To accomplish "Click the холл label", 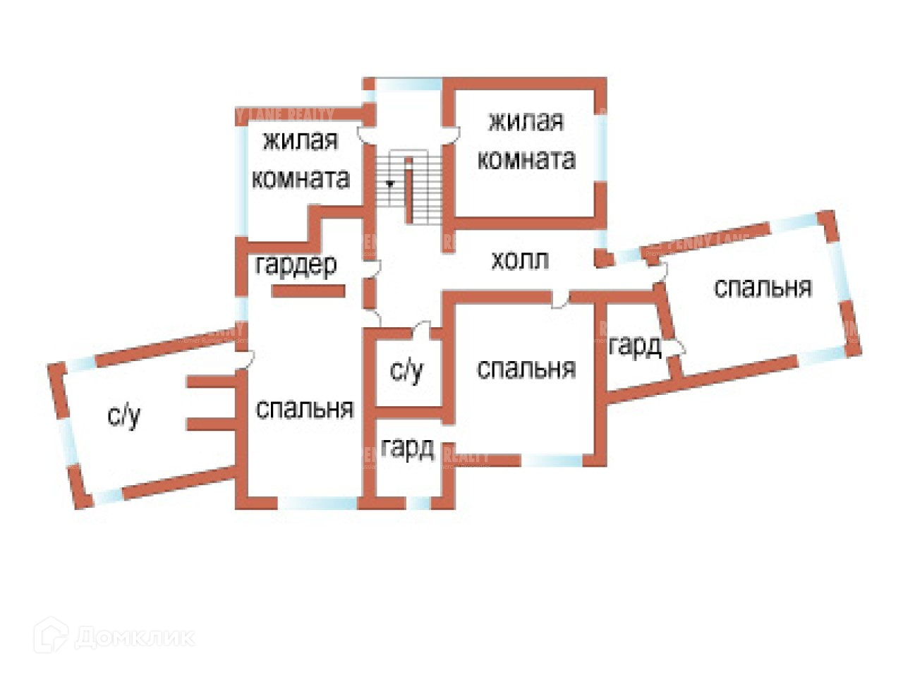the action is (x=520, y=261).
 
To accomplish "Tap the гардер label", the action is (x=296, y=265).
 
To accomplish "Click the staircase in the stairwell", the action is (x=408, y=188).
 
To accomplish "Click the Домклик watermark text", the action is (x=134, y=638).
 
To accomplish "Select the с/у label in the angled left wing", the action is (x=124, y=416).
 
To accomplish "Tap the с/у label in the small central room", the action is (x=406, y=370).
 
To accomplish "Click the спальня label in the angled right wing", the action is (x=763, y=288).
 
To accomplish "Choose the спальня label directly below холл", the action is (x=526, y=369).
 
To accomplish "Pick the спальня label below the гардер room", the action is (x=304, y=409).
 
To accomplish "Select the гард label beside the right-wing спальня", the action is (x=634, y=346).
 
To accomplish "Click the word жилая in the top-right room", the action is (x=526, y=122).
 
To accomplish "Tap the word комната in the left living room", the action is (x=301, y=178).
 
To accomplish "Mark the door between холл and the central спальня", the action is (x=560, y=300).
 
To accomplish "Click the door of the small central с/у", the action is (x=422, y=329).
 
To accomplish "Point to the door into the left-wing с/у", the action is (x=244, y=360).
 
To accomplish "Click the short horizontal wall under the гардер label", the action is (x=308, y=290).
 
